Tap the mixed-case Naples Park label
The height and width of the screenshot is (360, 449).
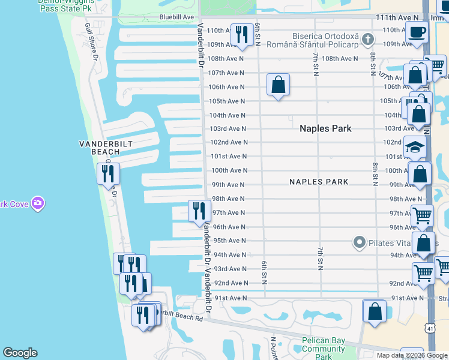pyautogui.click(x=325, y=128)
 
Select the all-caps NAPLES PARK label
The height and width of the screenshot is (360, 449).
pyautogui.click(x=318, y=182)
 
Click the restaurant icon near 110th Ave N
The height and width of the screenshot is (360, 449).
pyautogui.click(x=242, y=34)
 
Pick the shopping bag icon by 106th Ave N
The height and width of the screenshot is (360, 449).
pyautogui.click(x=278, y=85)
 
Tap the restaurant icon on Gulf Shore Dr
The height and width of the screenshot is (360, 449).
pyautogui.click(x=108, y=173)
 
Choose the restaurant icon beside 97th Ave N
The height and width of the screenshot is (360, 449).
pyautogui.click(x=199, y=211)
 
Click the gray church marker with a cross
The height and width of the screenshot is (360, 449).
pyautogui.click(x=369, y=40)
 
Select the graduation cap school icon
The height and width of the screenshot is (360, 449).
pyautogui.click(x=415, y=147)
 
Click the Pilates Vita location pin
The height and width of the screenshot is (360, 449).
pyautogui.click(x=359, y=242)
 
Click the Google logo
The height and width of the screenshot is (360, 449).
pyautogui.click(x=20, y=353)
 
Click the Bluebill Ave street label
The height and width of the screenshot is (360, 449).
pyautogui.click(x=176, y=17)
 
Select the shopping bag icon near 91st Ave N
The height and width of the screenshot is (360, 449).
pyautogui.click(x=375, y=311)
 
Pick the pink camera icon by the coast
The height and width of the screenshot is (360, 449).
pyautogui.click(x=38, y=203)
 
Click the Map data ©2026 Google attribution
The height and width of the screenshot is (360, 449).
pyautogui.click(x=412, y=355)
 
